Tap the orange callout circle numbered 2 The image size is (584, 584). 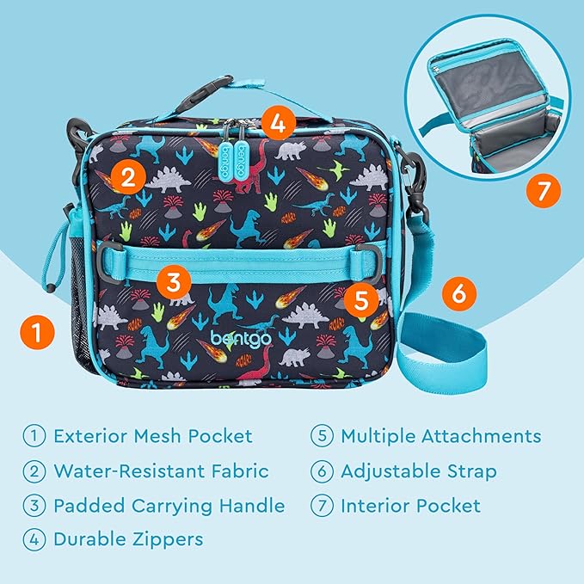click(x=127, y=178)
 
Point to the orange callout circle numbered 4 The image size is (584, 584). click(x=276, y=123)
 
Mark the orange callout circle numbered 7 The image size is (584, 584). click(x=542, y=192)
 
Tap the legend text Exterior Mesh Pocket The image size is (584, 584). click(x=153, y=436)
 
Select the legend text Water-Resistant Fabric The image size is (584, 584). click(x=161, y=471)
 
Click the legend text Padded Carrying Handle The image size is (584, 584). click(x=169, y=506)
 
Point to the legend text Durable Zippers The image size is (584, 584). click(x=128, y=540)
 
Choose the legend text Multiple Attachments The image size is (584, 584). click(x=440, y=436)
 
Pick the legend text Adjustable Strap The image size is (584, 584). click(x=418, y=471)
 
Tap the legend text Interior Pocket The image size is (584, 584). click(x=410, y=506)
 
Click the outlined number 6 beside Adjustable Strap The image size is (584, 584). click(x=323, y=471)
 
